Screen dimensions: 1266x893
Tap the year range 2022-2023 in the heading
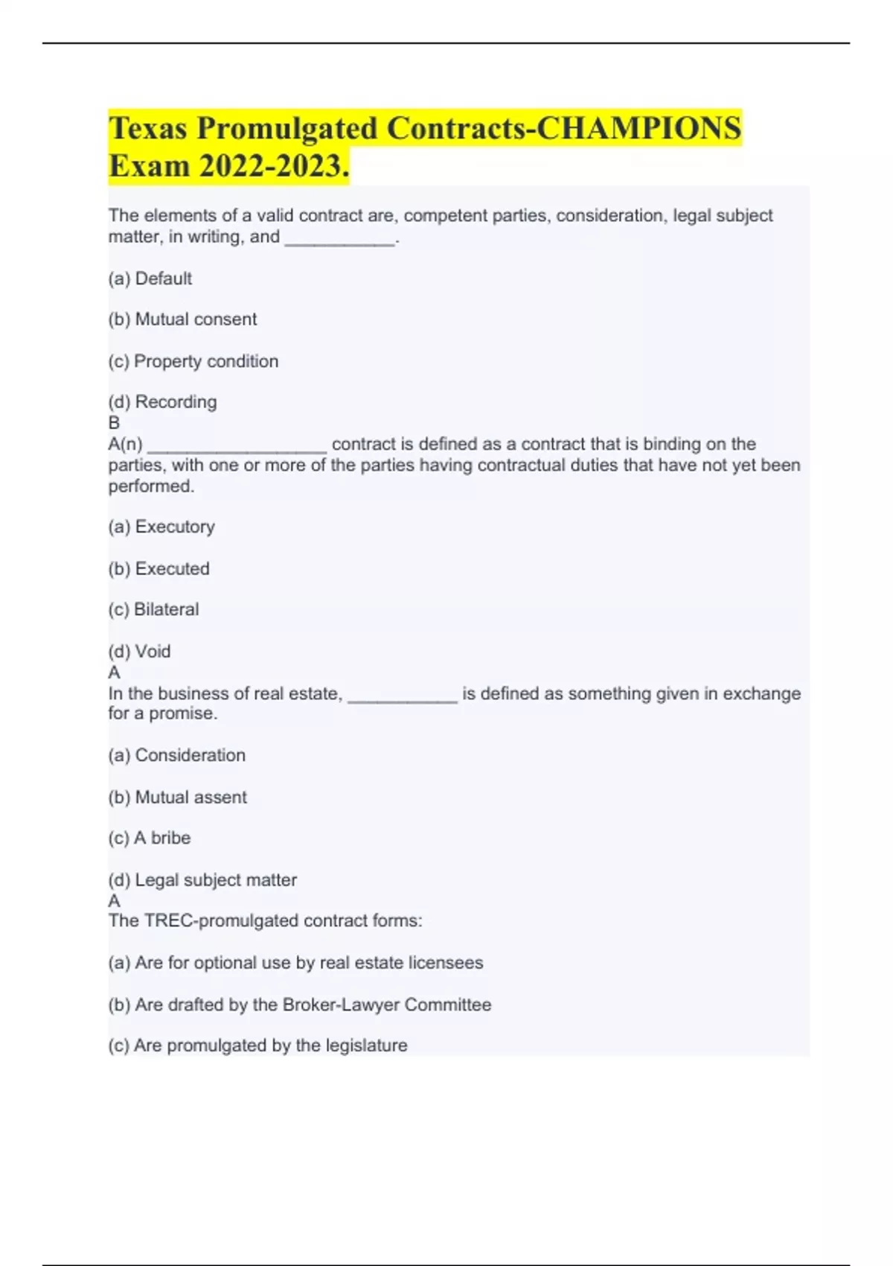point(269,166)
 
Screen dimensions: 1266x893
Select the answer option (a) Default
point(150,279)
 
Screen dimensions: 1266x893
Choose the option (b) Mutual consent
point(182,319)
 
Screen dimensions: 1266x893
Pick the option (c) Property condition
point(193,361)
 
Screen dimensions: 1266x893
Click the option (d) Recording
point(163,402)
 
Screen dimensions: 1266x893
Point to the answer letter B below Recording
point(114,423)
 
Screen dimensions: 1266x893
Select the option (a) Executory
point(161,527)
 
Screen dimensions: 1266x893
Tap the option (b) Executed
point(159,569)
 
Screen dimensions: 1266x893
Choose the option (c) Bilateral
point(154,610)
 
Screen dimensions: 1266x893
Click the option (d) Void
point(140,652)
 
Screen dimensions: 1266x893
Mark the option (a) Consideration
point(177,755)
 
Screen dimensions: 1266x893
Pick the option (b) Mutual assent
point(178,798)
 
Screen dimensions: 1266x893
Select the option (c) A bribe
point(150,839)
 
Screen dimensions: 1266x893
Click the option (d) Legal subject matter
point(202,880)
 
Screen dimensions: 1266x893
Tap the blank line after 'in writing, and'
point(339,240)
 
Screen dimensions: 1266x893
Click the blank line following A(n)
point(237,447)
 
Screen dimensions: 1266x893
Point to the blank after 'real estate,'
point(403,696)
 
